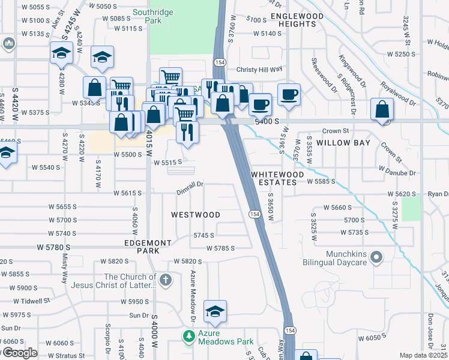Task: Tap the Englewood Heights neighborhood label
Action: [293, 20]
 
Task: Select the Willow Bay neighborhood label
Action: [345, 143]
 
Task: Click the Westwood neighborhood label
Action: [196, 214]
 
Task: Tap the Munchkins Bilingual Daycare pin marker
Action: [376, 258]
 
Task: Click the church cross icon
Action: [166, 280]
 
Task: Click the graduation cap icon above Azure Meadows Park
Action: [215, 311]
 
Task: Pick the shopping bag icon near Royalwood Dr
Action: [382, 109]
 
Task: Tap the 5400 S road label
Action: [267, 121]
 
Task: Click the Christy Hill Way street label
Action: [259, 69]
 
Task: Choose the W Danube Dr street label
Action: [397, 173]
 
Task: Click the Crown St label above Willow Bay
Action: [336, 131]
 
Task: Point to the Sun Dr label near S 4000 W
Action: [139, 315]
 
